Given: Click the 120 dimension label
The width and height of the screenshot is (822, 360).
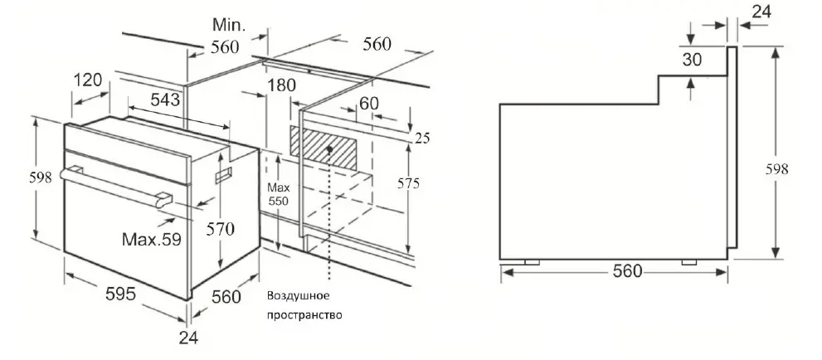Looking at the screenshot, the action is [88, 80].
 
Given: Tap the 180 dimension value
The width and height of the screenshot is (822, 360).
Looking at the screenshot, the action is [281, 85].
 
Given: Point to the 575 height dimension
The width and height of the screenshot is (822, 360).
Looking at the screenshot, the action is [408, 183].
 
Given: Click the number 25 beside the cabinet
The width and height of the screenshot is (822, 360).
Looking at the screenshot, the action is [422, 138].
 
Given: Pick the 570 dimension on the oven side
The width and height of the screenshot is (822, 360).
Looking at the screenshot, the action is [220, 229].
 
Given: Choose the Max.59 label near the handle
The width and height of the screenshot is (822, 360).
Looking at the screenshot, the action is [152, 240].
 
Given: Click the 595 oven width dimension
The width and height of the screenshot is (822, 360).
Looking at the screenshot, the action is [120, 294].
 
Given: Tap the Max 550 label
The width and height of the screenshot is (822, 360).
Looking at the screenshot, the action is [279, 193].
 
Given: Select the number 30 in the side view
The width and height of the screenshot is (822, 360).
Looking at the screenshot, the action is [692, 60].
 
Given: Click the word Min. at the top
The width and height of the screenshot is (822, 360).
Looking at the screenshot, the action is [229, 24].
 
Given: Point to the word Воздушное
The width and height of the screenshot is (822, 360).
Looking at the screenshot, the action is [299, 295].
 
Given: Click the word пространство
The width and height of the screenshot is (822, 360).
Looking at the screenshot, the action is [304, 315].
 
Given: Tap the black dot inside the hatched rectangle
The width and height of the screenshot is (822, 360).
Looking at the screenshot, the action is [329, 148].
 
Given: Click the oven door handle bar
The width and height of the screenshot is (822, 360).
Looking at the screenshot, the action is [116, 185].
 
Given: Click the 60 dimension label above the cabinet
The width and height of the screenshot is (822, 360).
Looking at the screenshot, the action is [369, 103].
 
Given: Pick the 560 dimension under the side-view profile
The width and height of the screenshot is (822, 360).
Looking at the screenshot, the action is [627, 271].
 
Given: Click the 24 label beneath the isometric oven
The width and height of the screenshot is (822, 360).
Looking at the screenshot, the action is [188, 338].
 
